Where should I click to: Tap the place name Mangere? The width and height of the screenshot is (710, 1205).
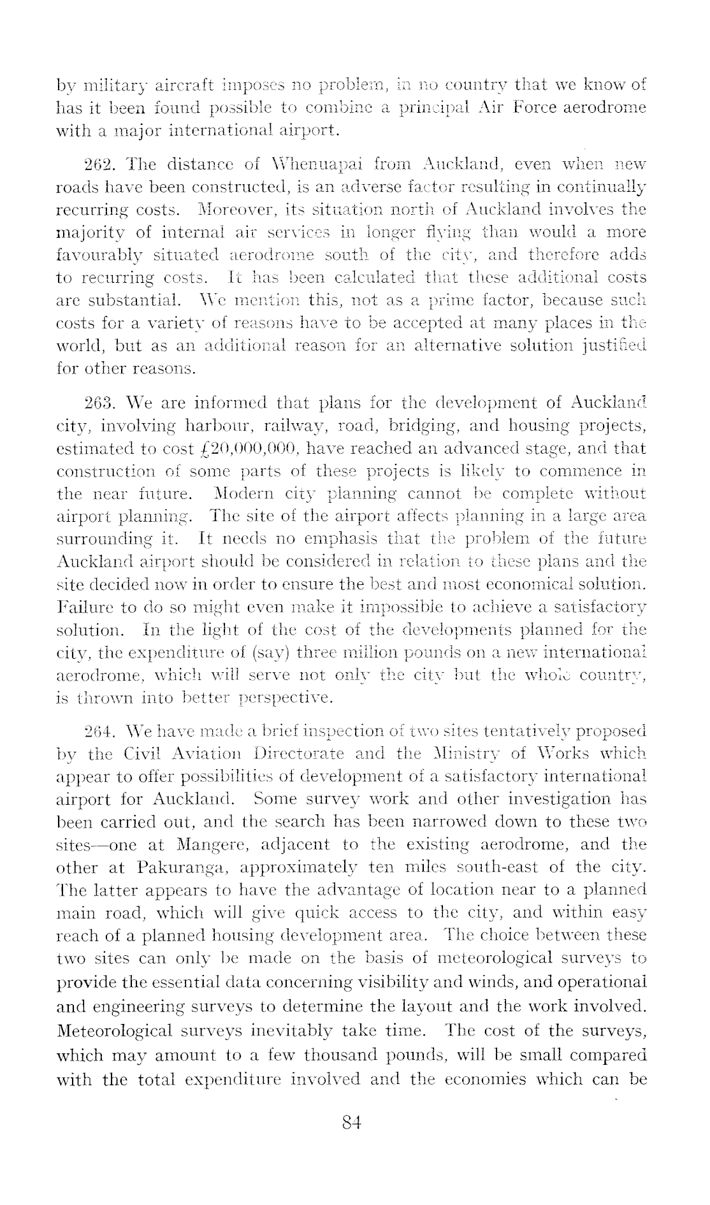pos(208,846)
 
